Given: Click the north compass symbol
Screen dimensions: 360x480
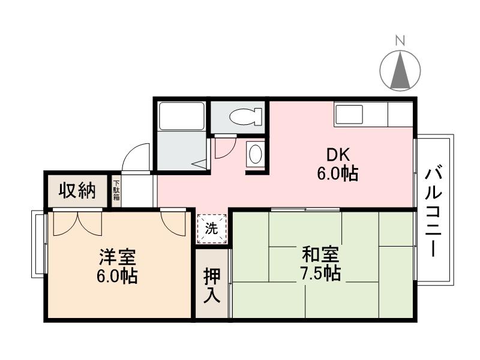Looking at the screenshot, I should tap(401, 70).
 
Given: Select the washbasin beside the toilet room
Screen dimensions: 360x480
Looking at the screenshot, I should tap(255, 154).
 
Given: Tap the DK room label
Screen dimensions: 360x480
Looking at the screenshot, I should tap(337, 153).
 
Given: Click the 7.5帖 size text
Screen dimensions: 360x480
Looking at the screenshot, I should tap(321, 274).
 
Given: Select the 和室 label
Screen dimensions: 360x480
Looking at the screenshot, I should tap(321, 255).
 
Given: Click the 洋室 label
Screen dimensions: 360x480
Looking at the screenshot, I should tap(118, 258).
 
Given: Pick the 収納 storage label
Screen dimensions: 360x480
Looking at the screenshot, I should tap(77, 191).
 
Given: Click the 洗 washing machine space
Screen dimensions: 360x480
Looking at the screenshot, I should tap(212, 228).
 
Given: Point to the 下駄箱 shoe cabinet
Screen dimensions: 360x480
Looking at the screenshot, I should tap(116, 190).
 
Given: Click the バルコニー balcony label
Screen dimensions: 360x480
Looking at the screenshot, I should tap(433, 211).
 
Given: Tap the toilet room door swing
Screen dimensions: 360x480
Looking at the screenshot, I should tap(223, 148).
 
